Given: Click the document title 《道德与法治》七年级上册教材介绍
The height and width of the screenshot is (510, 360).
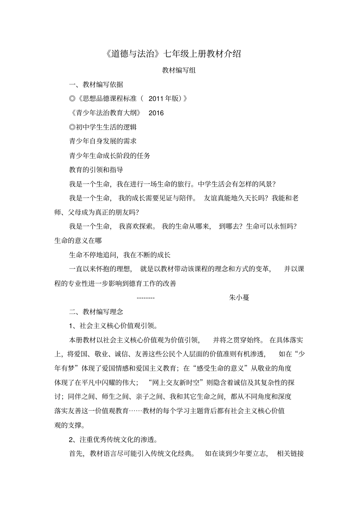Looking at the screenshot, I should (x=172, y=53).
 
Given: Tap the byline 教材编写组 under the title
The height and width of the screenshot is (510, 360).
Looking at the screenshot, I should (x=179, y=70).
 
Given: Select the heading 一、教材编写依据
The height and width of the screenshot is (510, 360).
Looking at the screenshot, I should (x=96, y=85).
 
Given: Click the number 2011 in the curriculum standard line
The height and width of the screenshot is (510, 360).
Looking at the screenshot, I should (x=155, y=99).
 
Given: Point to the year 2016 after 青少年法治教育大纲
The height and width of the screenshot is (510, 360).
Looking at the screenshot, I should (x=156, y=113).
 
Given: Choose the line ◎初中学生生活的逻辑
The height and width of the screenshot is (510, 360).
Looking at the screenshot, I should (x=103, y=127).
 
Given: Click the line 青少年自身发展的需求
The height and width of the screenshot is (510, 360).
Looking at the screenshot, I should (x=103, y=141).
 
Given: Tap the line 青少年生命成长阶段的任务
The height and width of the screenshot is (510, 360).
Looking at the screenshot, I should (x=110, y=155).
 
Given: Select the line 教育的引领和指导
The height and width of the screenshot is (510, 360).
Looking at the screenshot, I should (x=96, y=169).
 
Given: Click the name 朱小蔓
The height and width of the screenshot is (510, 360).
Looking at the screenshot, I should (x=239, y=298).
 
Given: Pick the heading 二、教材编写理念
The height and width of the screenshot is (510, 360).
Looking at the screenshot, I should (x=96, y=312).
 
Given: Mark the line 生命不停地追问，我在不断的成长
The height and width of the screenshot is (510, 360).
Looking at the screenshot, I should (x=120, y=255).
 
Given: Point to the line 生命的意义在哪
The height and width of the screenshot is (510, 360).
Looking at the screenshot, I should (x=78, y=240).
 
